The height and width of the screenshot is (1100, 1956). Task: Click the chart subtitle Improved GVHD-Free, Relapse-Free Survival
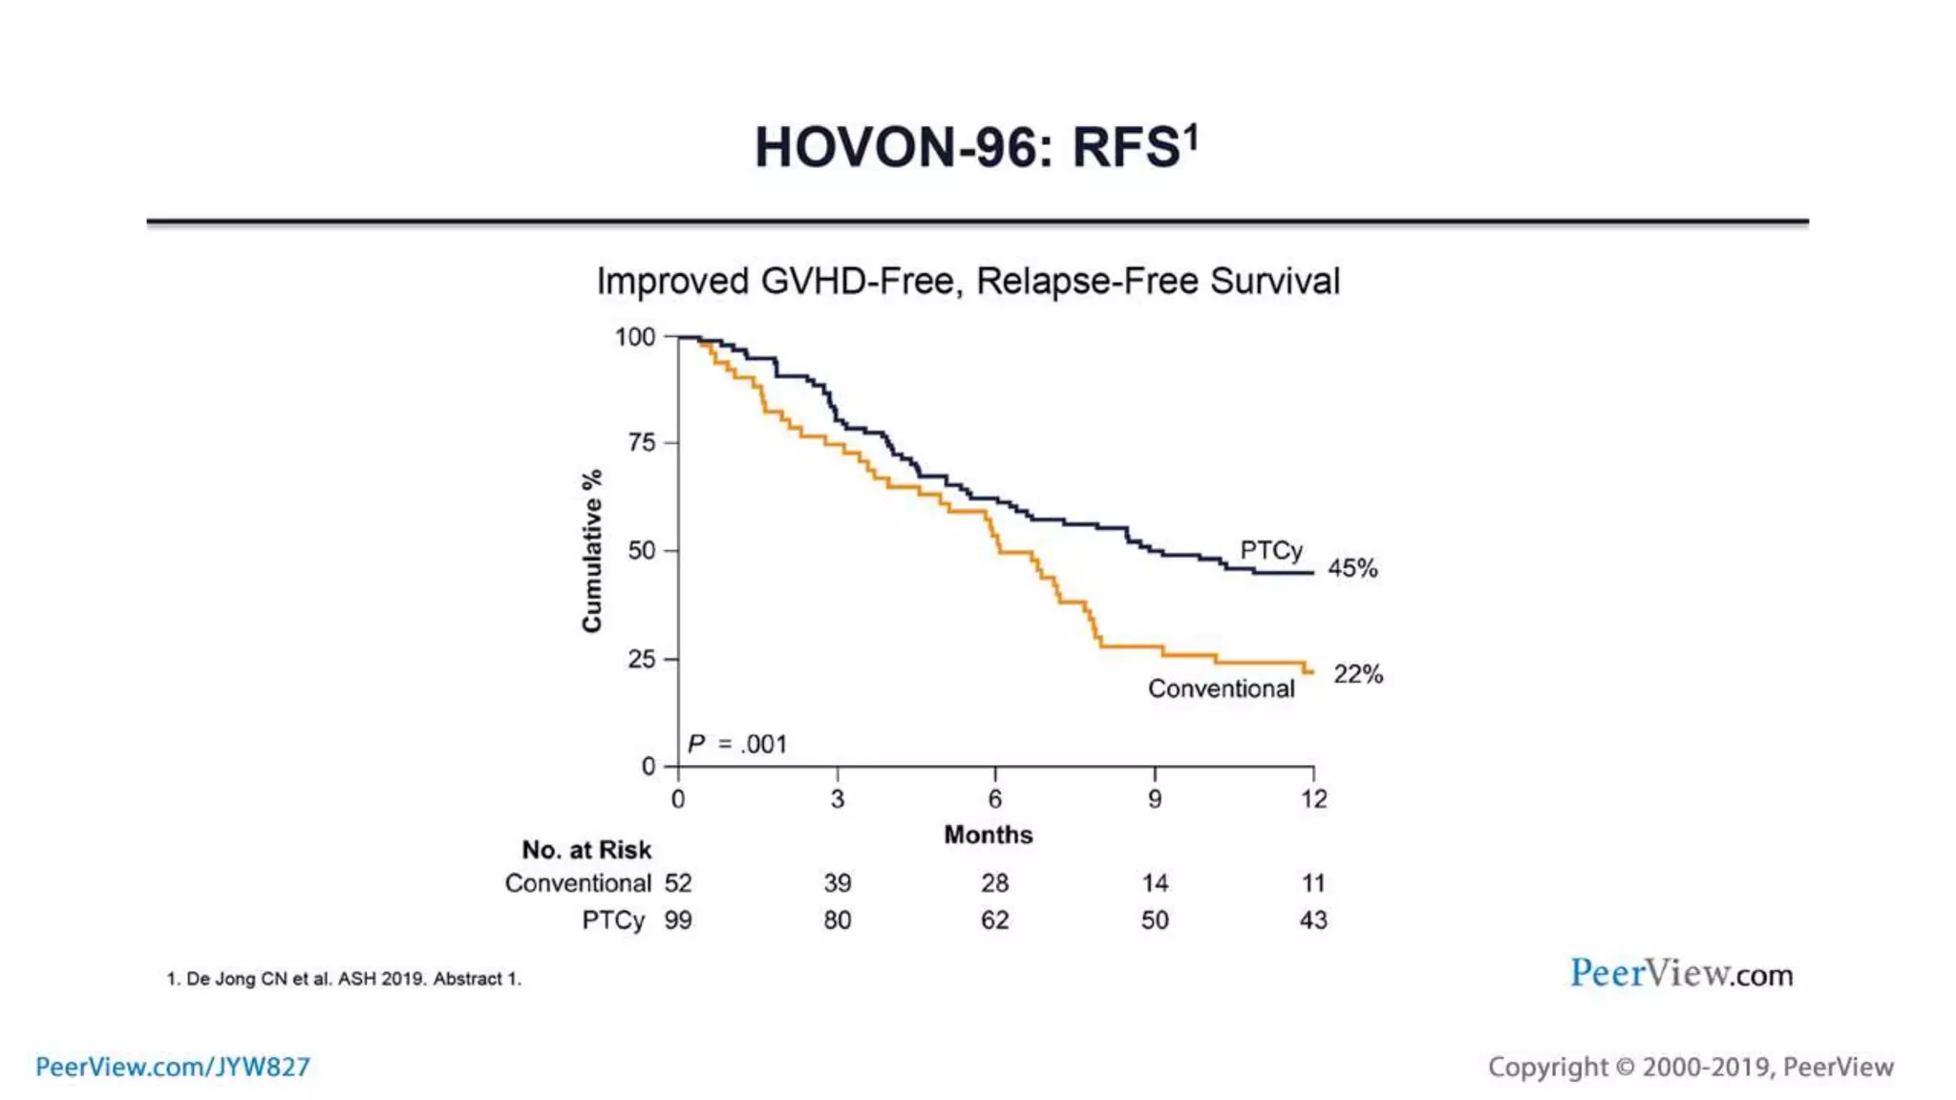click(967, 282)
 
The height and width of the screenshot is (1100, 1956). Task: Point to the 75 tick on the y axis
click(642, 442)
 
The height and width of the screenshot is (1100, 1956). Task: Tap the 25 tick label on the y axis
click(642, 659)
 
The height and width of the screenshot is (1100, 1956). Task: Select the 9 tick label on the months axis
click(1155, 799)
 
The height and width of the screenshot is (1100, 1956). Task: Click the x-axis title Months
click(988, 835)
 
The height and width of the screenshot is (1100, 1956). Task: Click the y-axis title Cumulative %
click(592, 550)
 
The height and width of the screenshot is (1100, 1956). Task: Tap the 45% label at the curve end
click(1352, 568)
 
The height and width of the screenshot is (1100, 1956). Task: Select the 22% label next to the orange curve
click(1358, 674)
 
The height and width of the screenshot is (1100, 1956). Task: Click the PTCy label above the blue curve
click(1270, 550)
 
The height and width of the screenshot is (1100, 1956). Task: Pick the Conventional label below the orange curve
click(1221, 688)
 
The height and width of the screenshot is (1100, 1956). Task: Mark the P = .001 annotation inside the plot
click(737, 744)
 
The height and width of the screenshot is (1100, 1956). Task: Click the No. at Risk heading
click(586, 849)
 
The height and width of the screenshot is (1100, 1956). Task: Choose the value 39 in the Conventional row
click(838, 883)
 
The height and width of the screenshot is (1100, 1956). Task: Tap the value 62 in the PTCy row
click(994, 920)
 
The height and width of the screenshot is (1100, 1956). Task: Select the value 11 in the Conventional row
click(1313, 883)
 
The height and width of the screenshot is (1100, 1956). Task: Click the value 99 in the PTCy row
click(678, 920)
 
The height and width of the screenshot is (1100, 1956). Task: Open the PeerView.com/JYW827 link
click(173, 1067)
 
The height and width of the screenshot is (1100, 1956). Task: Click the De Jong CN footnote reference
click(344, 979)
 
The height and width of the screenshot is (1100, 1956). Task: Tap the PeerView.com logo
click(1681, 974)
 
